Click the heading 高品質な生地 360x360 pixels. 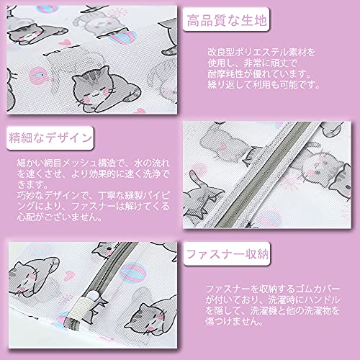tap(227, 20)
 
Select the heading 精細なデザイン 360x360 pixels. tap(50, 138)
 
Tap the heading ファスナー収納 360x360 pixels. tap(227, 254)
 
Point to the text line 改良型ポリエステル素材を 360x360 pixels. tap(261, 53)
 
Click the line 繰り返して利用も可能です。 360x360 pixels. tap(264, 84)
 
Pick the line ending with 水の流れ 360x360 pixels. tap(93, 163)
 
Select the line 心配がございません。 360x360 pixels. tap(60, 217)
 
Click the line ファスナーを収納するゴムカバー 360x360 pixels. tap(273, 289)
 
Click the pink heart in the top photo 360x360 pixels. tap(65, 42)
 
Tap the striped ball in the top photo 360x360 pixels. tap(125, 37)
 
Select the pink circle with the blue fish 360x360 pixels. tap(37, 76)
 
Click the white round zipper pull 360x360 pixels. tap(93, 296)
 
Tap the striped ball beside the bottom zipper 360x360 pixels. tap(132, 273)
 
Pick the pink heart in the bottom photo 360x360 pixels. tap(69, 276)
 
